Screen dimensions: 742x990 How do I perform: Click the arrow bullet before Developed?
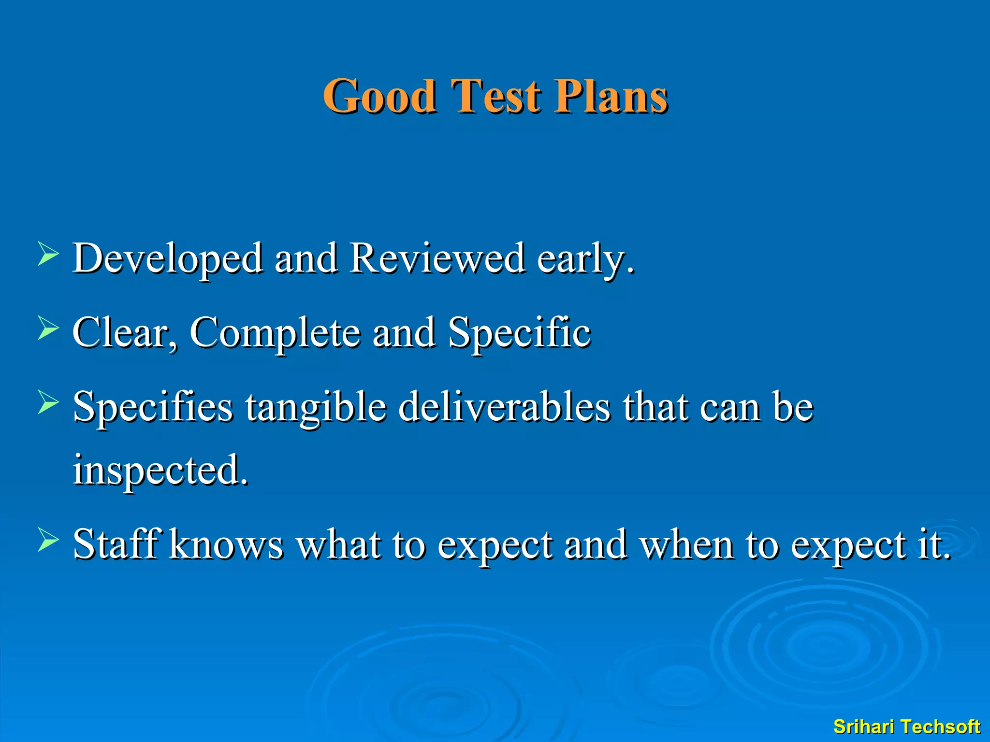pos(48,255)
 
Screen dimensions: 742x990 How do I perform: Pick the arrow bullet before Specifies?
pos(48,403)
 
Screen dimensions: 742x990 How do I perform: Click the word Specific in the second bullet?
pos(519,333)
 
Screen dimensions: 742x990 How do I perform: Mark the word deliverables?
pos(505,407)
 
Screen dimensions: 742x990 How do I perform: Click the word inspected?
pos(160,471)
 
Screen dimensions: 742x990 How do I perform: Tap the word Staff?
pos(116,544)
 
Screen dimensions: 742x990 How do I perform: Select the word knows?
pos(227,544)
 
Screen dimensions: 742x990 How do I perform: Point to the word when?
pos(687,544)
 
